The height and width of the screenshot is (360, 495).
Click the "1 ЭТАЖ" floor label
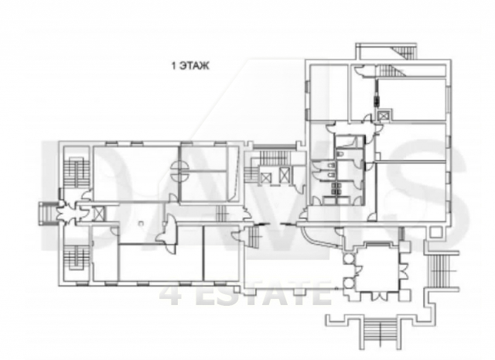[190, 66]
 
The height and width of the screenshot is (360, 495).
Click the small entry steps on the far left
[46, 214]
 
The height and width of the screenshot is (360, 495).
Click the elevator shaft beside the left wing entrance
[99, 213]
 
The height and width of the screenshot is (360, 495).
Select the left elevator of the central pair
[266, 179]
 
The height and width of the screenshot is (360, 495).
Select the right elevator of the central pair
[285, 175]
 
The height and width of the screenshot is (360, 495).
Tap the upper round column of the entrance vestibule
[349, 259]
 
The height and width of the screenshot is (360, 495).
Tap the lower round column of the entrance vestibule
[349, 283]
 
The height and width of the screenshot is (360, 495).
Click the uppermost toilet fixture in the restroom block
[340, 154]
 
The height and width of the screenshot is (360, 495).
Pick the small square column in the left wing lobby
[141, 224]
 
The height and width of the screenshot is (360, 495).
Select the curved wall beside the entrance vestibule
[319, 237]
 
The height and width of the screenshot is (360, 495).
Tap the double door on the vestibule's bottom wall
[379, 296]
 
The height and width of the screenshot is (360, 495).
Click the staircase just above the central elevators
[272, 157]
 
